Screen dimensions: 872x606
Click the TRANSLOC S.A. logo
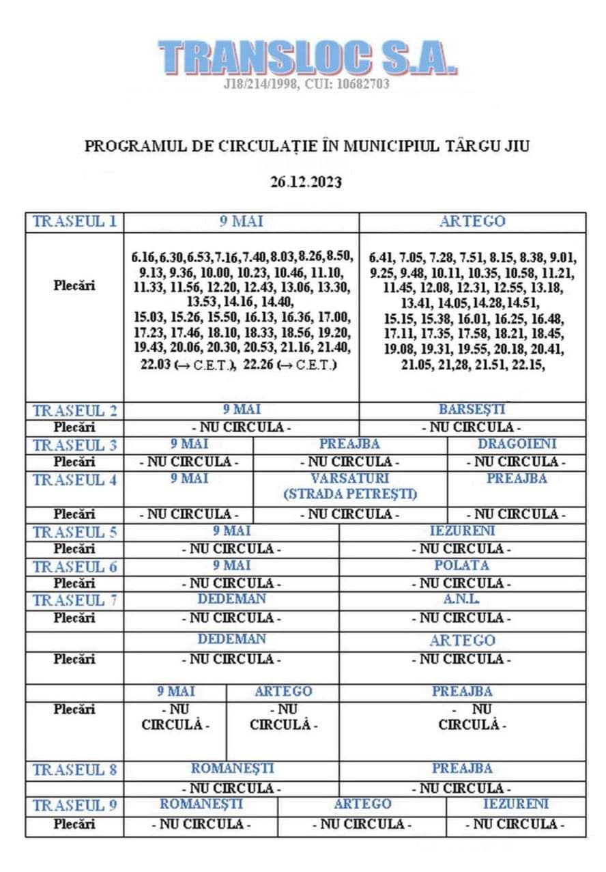tap(306, 57)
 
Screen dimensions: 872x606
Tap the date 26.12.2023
tap(306, 182)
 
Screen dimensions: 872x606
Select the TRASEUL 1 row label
tap(75, 222)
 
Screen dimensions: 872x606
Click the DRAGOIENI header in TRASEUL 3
tap(517, 444)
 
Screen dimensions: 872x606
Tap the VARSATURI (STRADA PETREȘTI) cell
tap(350, 486)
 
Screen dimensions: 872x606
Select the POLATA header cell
tap(461, 565)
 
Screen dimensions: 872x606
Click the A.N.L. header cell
tap(461, 600)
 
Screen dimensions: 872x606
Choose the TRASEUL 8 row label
tap(75, 770)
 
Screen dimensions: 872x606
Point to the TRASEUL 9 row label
tap(75, 805)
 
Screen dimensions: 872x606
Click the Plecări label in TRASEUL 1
tap(74, 285)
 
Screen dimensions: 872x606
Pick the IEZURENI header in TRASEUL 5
tap(463, 531)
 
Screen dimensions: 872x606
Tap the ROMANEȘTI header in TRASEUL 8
tap(232, 768)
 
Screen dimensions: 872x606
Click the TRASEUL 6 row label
tap(75, 566)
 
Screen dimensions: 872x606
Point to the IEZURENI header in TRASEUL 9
tap(515, 804)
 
